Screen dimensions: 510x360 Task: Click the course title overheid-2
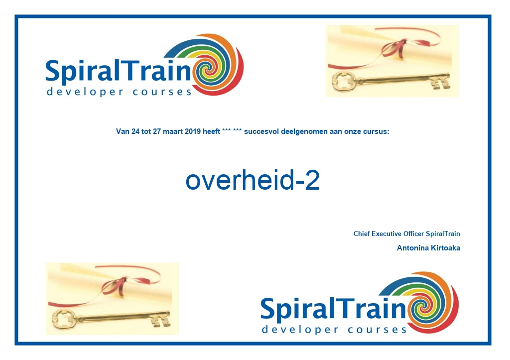(x=253, y=180)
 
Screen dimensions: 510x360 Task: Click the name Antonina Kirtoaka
(x=428, y=248)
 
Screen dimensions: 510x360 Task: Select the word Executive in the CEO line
(x=386, y=234)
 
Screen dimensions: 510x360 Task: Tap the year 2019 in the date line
(x=193, y=131)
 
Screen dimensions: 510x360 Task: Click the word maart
(x=173, y=131)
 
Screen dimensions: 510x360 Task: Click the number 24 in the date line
(x=135, y=131)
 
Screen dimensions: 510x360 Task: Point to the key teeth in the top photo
(x=440, y=83)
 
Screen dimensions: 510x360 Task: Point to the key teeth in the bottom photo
(x=160, y=320)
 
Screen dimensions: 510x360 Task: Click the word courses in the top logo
(x=162, y=92)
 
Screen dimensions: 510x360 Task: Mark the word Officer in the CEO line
(x=414, y=234)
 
